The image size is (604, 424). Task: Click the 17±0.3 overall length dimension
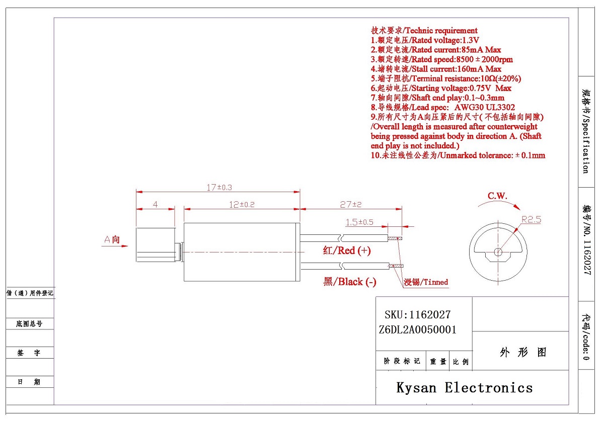point(219,187)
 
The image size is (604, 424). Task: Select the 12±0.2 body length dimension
point(242,205)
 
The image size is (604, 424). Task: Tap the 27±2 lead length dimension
point(351,205)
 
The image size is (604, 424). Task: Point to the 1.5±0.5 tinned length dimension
point(359,222)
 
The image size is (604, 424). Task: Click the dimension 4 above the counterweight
point(156,205)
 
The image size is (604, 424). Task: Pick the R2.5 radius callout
point(531,219)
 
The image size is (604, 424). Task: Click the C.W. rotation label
point(497,196)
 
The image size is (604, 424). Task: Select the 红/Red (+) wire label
point(347,250)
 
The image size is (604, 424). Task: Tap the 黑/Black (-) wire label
point(349,282)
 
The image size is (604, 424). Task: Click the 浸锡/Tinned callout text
point(426,282)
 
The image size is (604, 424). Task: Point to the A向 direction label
point(112,240)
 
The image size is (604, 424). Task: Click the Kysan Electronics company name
point(464,387)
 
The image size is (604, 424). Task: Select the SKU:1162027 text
point(417,315)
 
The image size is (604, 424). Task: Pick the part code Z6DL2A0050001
point(417,330)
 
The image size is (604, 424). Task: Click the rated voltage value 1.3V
point(471,40)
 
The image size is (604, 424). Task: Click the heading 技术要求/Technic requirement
point(424,31)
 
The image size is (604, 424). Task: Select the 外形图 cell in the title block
point(523,352)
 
